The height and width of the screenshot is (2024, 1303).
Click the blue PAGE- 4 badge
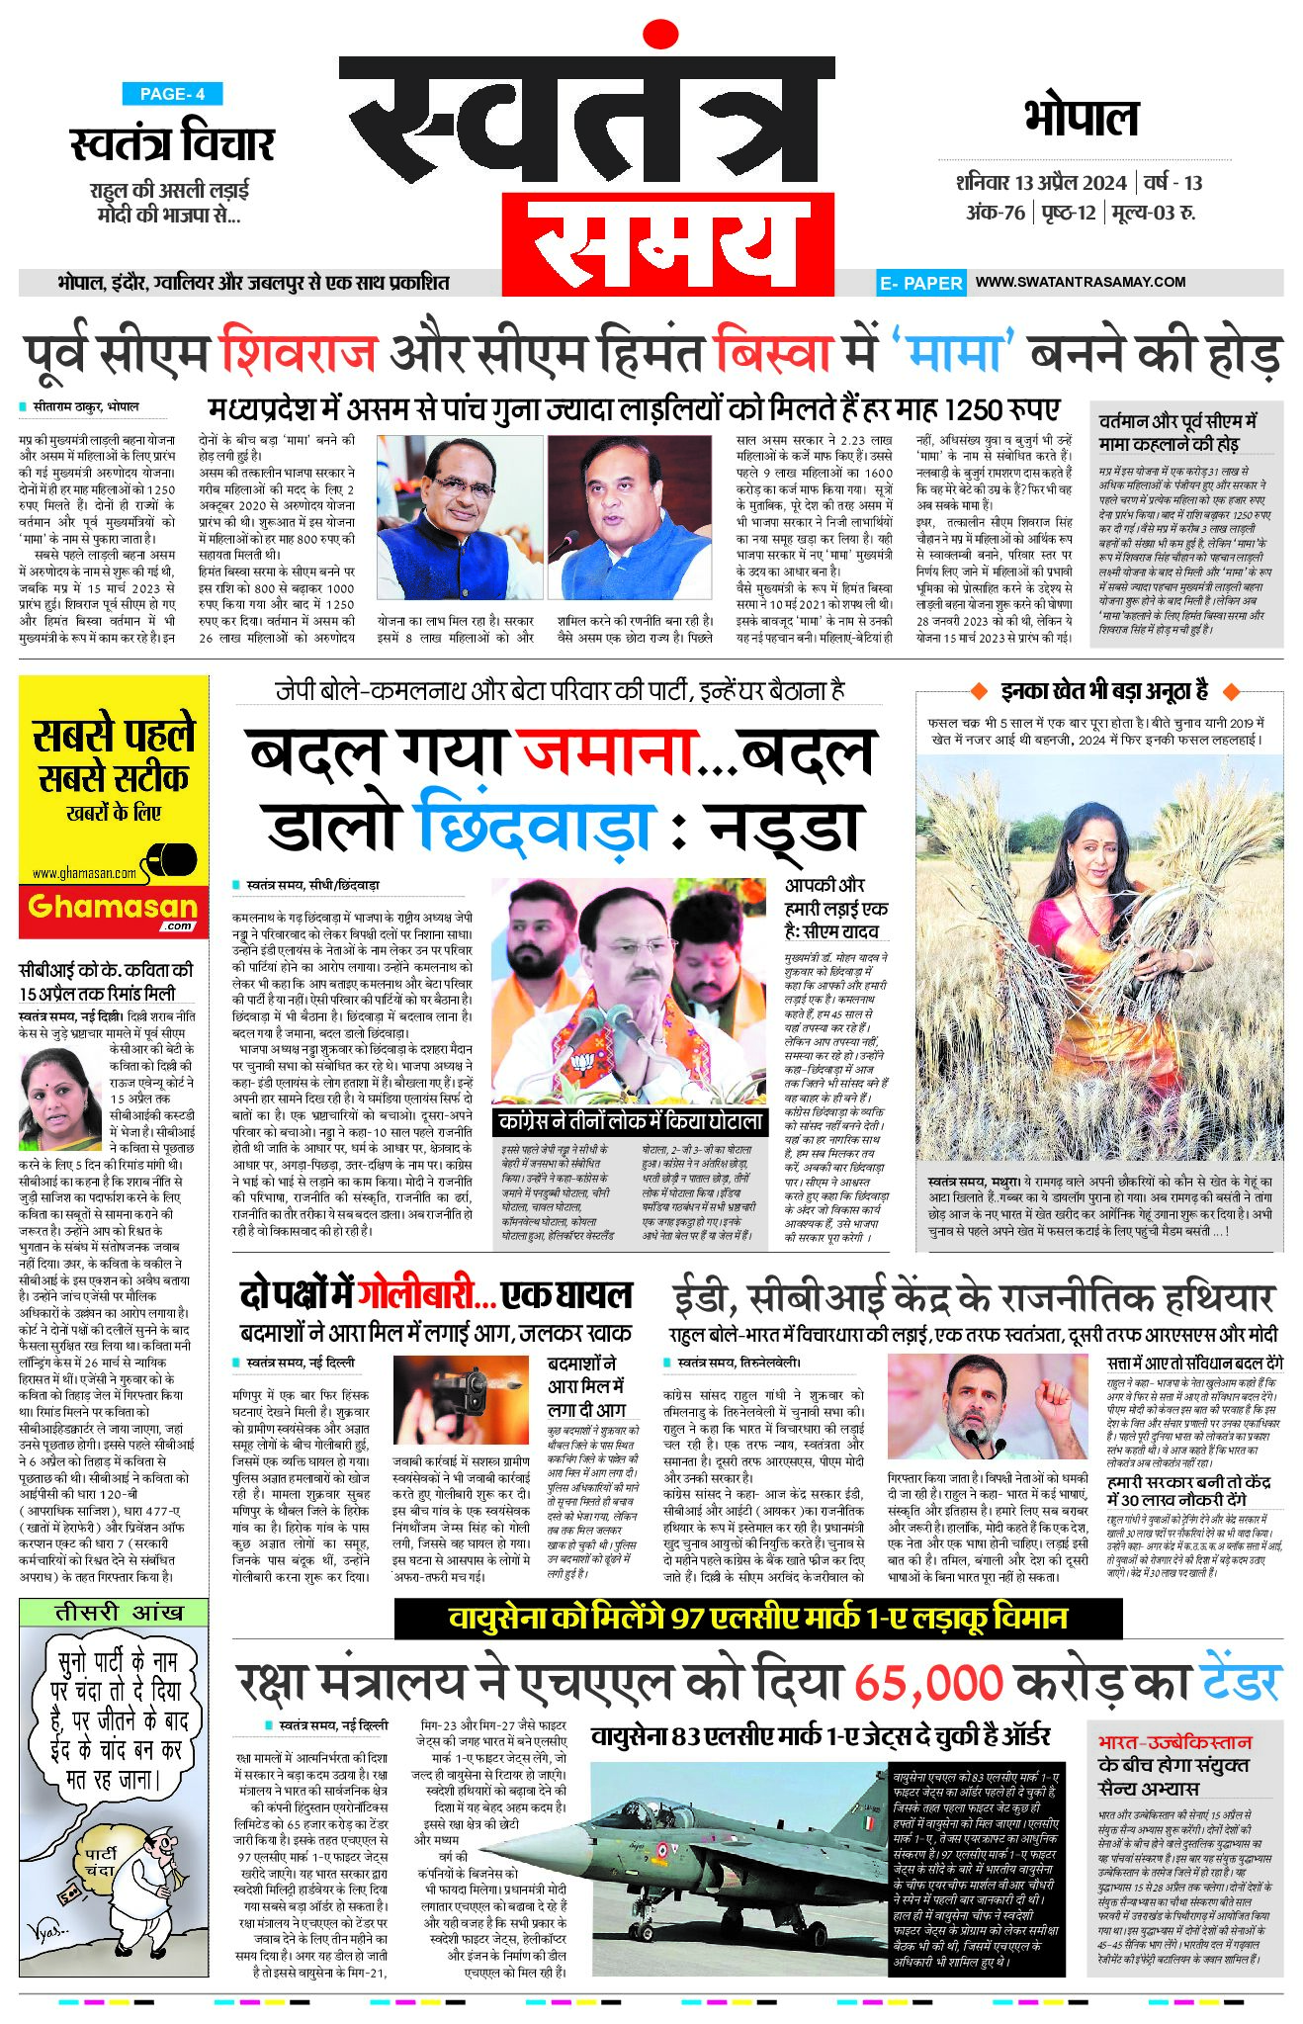pos(172,94)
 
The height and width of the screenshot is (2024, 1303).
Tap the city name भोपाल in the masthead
pos(1082,119)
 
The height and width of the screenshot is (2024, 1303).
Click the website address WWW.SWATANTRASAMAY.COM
pos(1080,282)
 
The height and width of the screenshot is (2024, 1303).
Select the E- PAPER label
pos(920,283)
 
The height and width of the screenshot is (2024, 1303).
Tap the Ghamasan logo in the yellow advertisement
pos(113,908)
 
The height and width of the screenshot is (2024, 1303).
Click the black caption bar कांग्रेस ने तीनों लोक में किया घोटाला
pos(631,1121)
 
